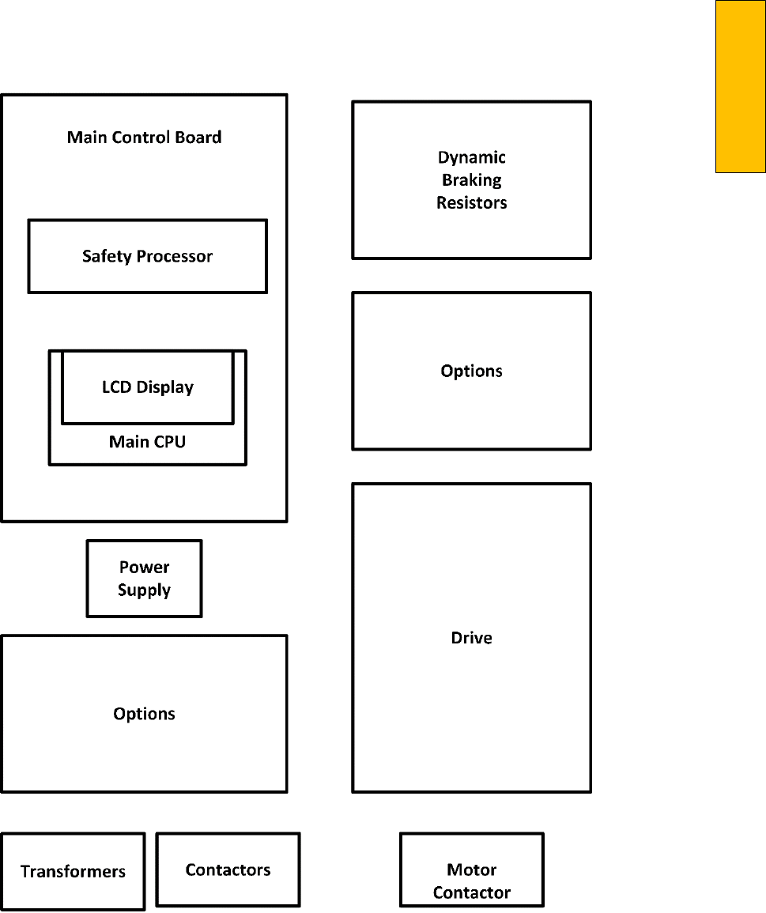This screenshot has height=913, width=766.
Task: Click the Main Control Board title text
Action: tap(144, 138)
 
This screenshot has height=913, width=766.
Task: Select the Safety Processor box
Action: tap(147, 256)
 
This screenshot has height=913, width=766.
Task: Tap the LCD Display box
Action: tap(148, 387)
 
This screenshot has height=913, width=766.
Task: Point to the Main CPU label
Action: tap(147, 442)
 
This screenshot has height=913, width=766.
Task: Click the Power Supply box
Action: tap(144, 579)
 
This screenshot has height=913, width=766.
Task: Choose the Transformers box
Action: tap(73, 871)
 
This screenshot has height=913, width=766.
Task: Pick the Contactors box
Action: tap(228, 870)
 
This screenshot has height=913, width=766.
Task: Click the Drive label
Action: tap(471, 638)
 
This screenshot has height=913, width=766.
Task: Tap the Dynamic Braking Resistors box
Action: tap(471, 180)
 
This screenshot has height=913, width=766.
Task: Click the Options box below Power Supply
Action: tap(144, 714)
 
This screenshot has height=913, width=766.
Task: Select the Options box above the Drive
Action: tap(471, 371)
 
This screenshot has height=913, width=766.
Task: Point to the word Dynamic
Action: tap(472, 157)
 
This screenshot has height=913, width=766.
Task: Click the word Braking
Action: tap(472, 180)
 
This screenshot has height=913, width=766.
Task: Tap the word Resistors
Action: tap(472, 202)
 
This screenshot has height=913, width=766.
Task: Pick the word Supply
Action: tap(144, 590)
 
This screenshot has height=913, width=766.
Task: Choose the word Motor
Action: tap(472, 870)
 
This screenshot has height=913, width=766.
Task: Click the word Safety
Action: tap(108, 256)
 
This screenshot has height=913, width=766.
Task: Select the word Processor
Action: tap(175, 256)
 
